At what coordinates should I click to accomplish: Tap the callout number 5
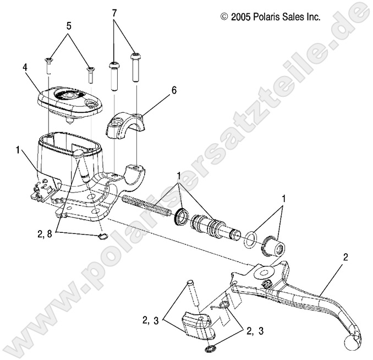[x=69, y=25]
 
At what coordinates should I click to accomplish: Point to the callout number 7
[x=114, y=12]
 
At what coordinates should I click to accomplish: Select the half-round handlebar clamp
[x=128, y=124]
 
